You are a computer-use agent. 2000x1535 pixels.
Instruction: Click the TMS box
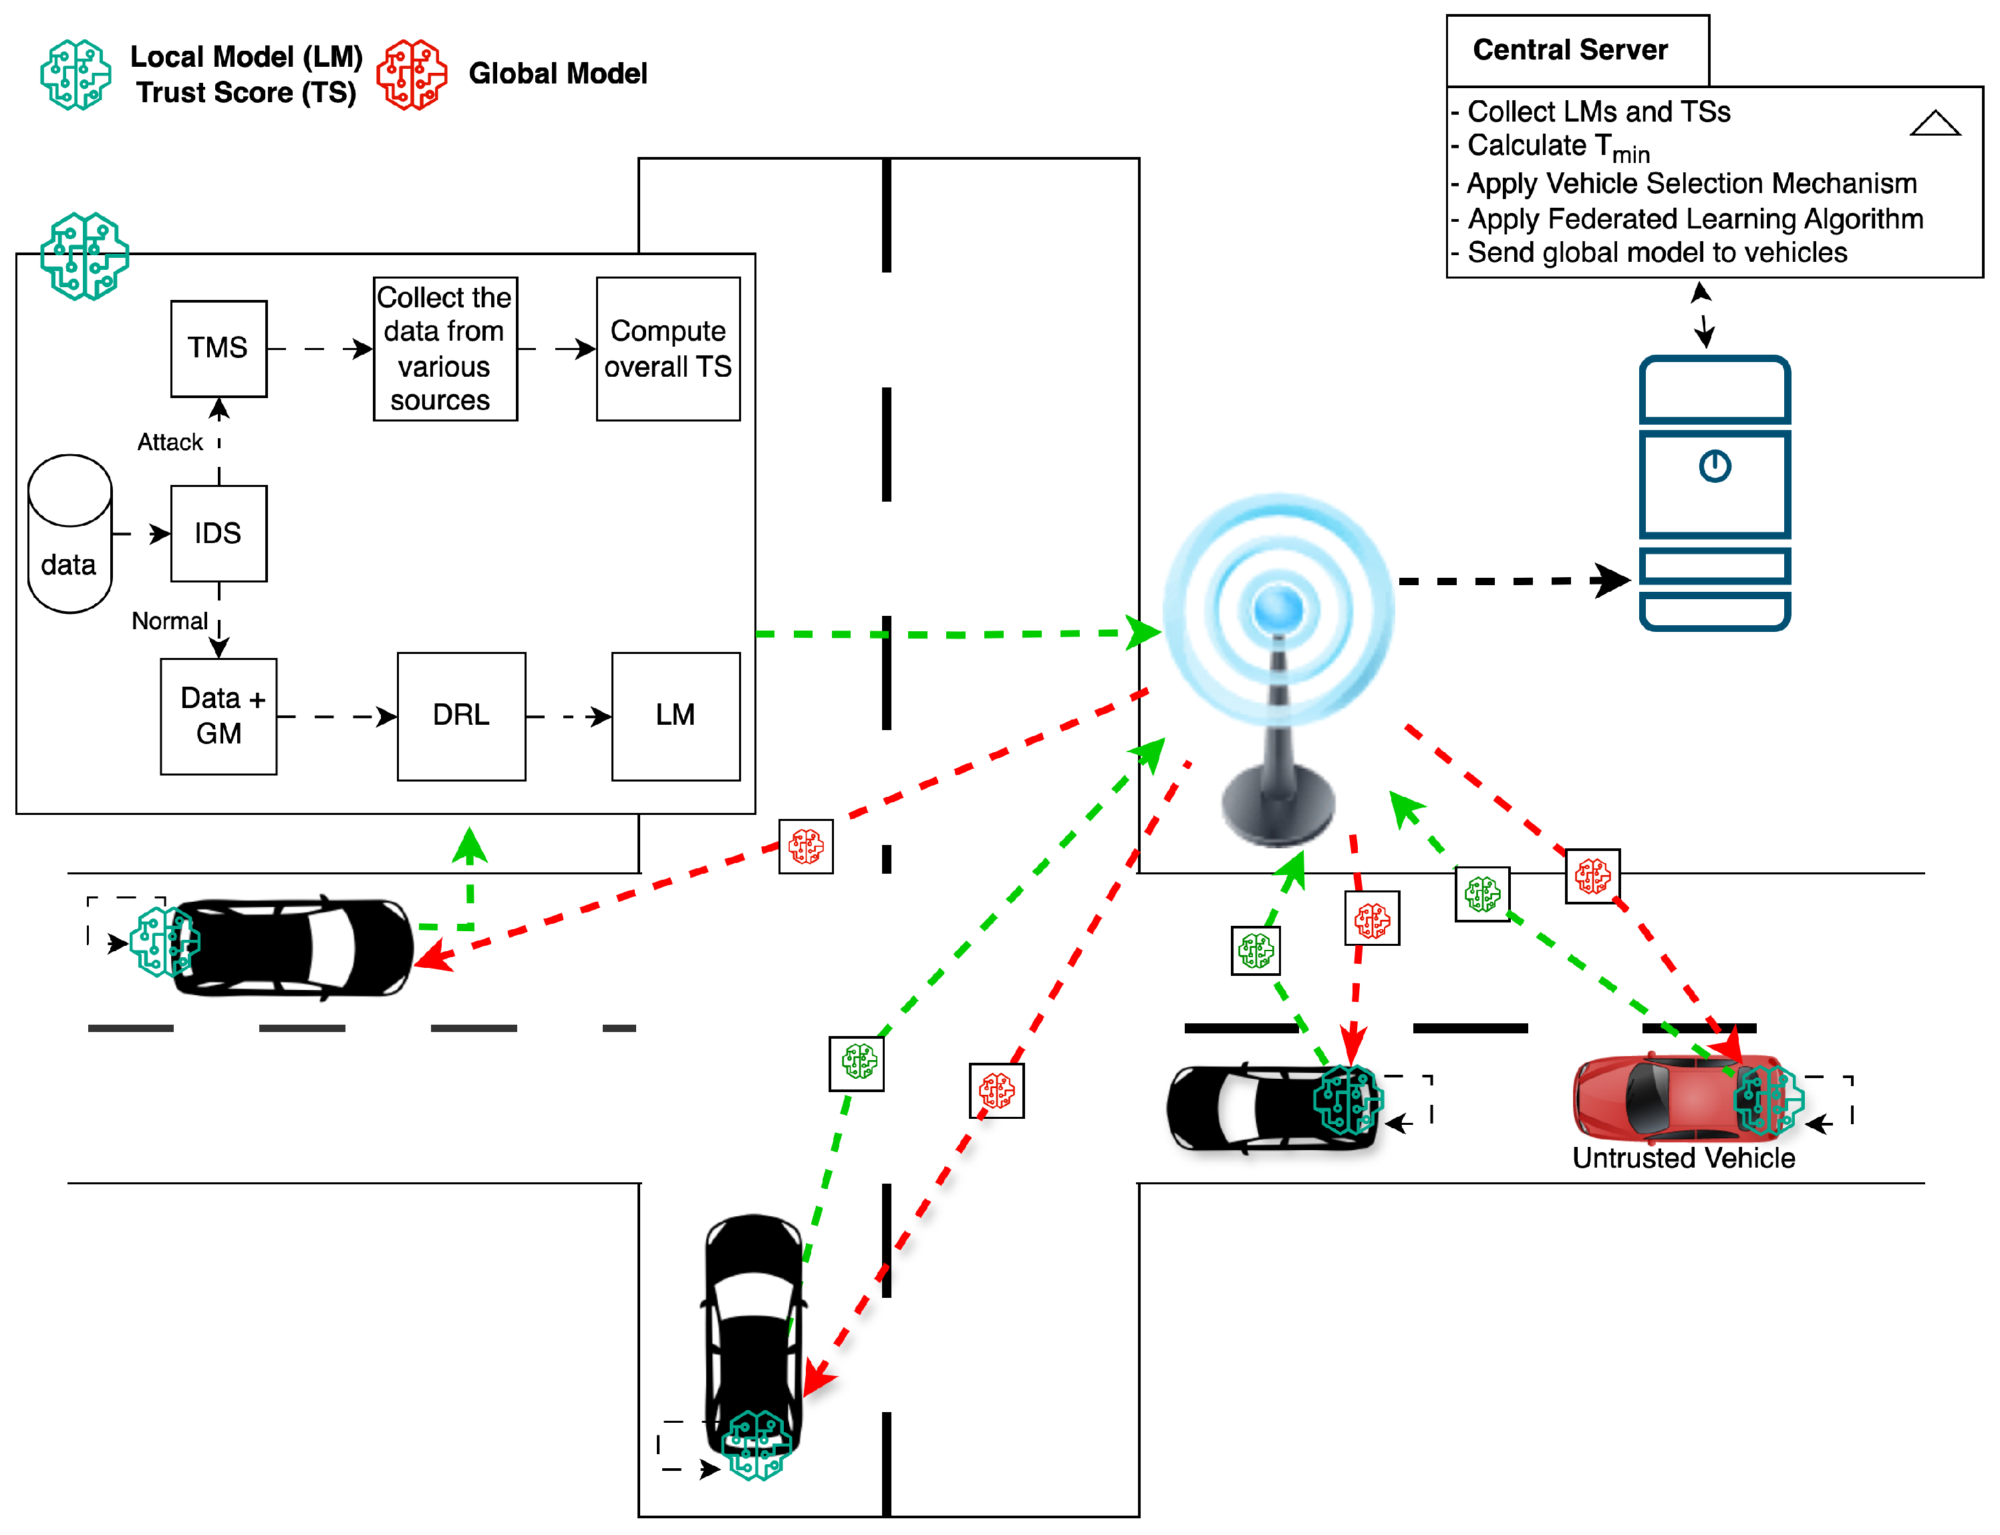[219, 348]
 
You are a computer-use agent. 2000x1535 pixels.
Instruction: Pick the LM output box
[676, 715]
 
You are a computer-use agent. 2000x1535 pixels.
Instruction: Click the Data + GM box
[219, 715]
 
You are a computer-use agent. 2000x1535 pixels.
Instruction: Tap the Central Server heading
[1570, 49]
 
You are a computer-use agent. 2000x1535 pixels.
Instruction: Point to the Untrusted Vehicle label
[1683, 1158]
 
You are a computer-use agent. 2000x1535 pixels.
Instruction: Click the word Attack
[170, 442]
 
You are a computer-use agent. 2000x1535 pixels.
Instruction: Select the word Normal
[170, 621]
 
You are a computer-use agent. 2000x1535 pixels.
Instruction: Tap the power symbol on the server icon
[1714, 466]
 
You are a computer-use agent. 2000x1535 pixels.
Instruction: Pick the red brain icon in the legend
[412, 75]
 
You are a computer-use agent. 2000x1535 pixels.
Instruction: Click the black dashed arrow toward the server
[1515, 580]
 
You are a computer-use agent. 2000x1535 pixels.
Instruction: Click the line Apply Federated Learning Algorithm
[1695, 219]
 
